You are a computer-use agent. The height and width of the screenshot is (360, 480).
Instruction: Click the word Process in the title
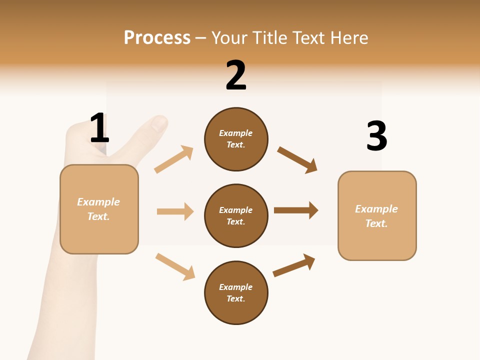pyautogui.click(x=157, y=38)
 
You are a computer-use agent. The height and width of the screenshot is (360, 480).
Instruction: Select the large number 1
pyautogui.click(x=99, y=128)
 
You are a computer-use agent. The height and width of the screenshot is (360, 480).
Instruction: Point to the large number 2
pyautogui.click(x=236, y=76)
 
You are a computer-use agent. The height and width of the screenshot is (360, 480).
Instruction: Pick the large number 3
pyautogui.click(x=376, y=136)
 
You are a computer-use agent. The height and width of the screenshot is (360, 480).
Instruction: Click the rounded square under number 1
pyautogui.click(x=99, y=209)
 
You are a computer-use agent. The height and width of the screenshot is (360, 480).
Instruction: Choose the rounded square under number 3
pyautogui.click(x=377, y=216)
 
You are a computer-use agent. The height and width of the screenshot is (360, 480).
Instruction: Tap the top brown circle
pyautogui.click(x=236, y=139)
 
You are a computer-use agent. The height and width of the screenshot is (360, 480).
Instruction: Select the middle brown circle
pyautogui.click(x=236, y=215)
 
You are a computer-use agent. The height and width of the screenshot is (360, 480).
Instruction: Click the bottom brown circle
pyautogui.click(x=236, y=292)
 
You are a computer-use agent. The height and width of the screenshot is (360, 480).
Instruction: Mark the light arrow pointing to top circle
pyautogui.click(x=174, y=159)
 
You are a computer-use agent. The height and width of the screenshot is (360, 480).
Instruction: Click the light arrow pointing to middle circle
pyautogui.click(x=175, y=211)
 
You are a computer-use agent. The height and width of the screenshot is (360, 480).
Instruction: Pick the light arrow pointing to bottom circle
pyautogui.click(x=175, y=266)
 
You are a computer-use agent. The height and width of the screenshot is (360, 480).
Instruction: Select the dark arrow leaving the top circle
pyautogui.click(x=297, y=160)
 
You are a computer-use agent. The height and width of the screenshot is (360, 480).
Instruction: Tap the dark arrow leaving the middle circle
pyautogui.click(x=296, y=210)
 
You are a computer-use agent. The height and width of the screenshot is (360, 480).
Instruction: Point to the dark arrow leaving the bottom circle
pyautogui.click(x=294, y=265)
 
